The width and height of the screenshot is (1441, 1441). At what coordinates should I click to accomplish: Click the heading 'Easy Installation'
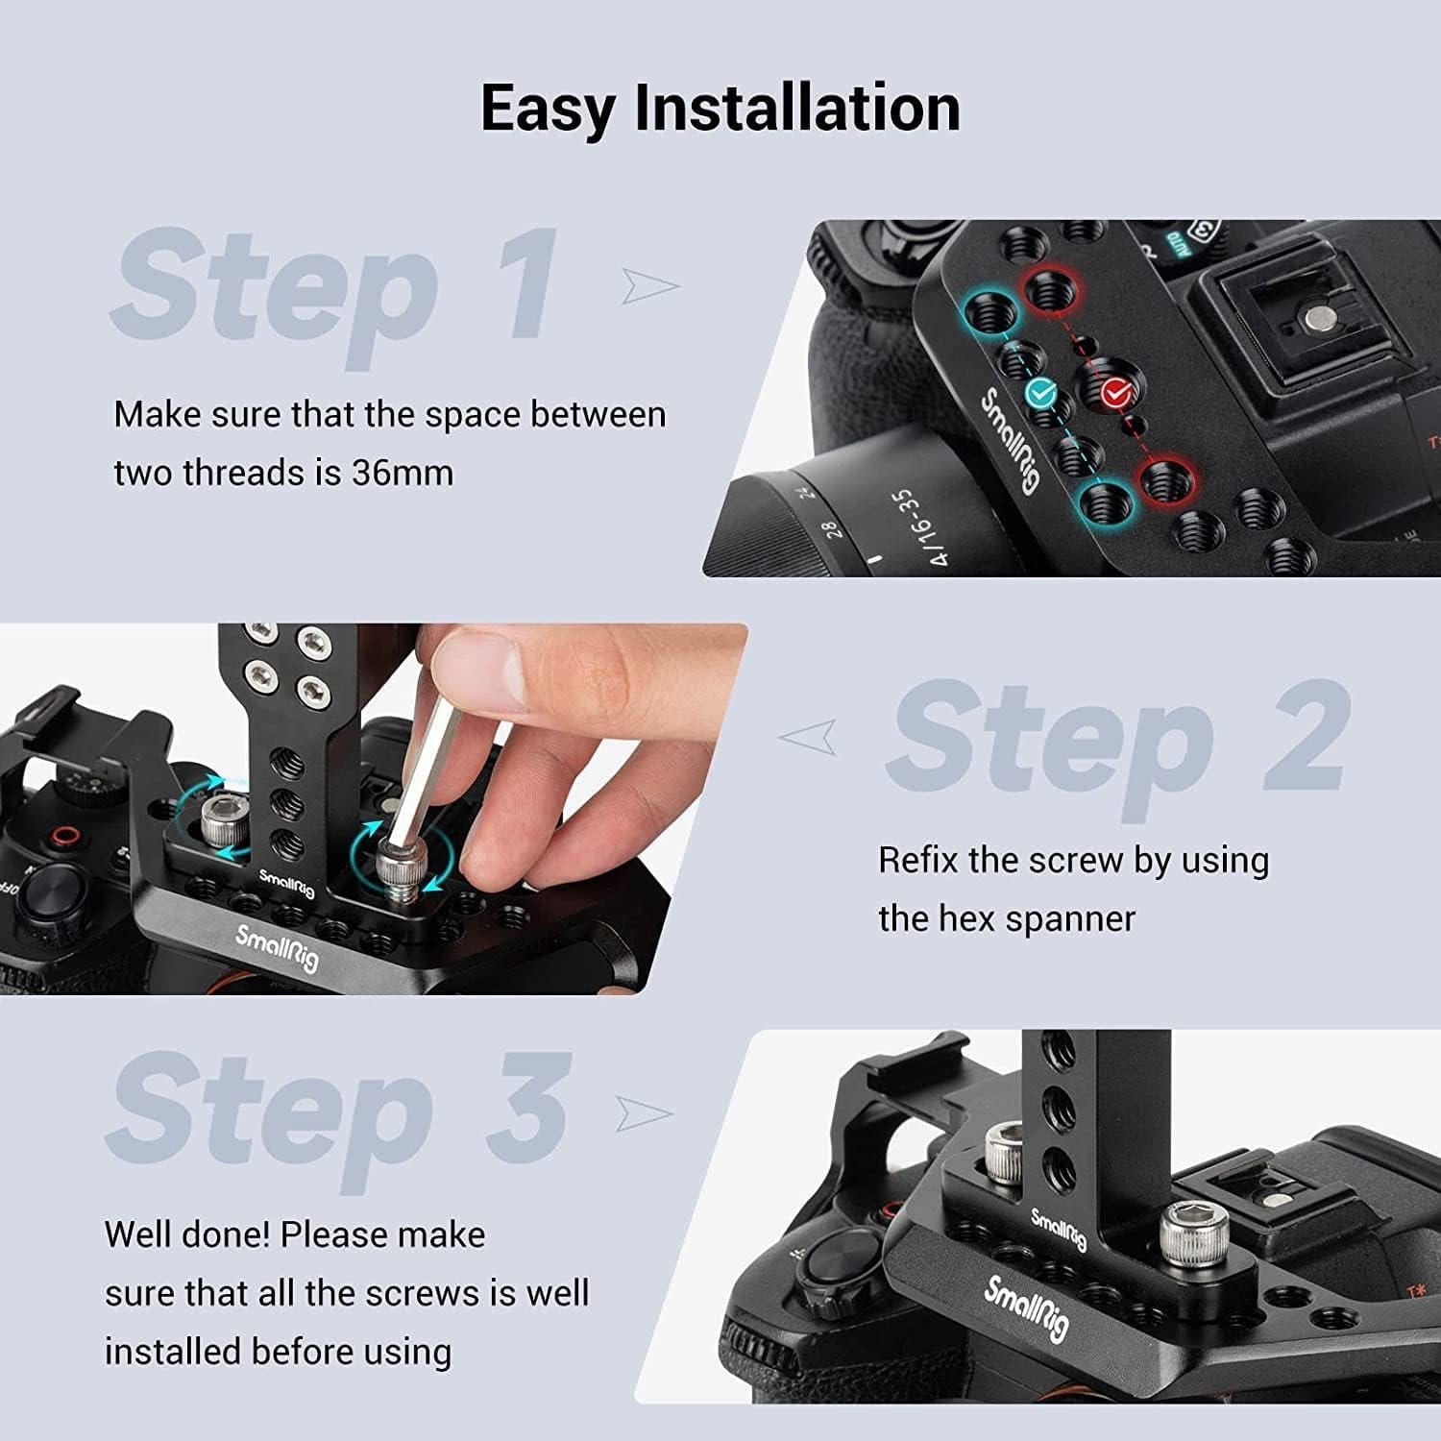click(720, 108)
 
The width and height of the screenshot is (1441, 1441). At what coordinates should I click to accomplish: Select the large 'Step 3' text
click(341, 1110)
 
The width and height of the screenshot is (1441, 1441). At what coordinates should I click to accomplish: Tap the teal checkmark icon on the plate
click(1040, 392)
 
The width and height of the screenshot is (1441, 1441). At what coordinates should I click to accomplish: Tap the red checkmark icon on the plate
click(1114, 391)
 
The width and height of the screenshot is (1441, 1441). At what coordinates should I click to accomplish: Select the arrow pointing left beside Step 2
click(807, 738)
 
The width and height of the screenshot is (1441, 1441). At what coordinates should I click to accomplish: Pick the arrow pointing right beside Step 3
click(644, 1112)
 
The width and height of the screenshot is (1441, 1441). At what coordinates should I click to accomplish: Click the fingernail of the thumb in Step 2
click(473, 662)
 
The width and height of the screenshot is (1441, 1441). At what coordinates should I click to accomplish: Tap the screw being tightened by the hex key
click(397, 869)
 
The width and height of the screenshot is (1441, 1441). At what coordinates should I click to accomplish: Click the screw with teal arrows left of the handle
click(222, 817)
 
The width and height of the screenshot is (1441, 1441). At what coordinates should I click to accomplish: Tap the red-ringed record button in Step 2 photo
click(64, 836)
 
